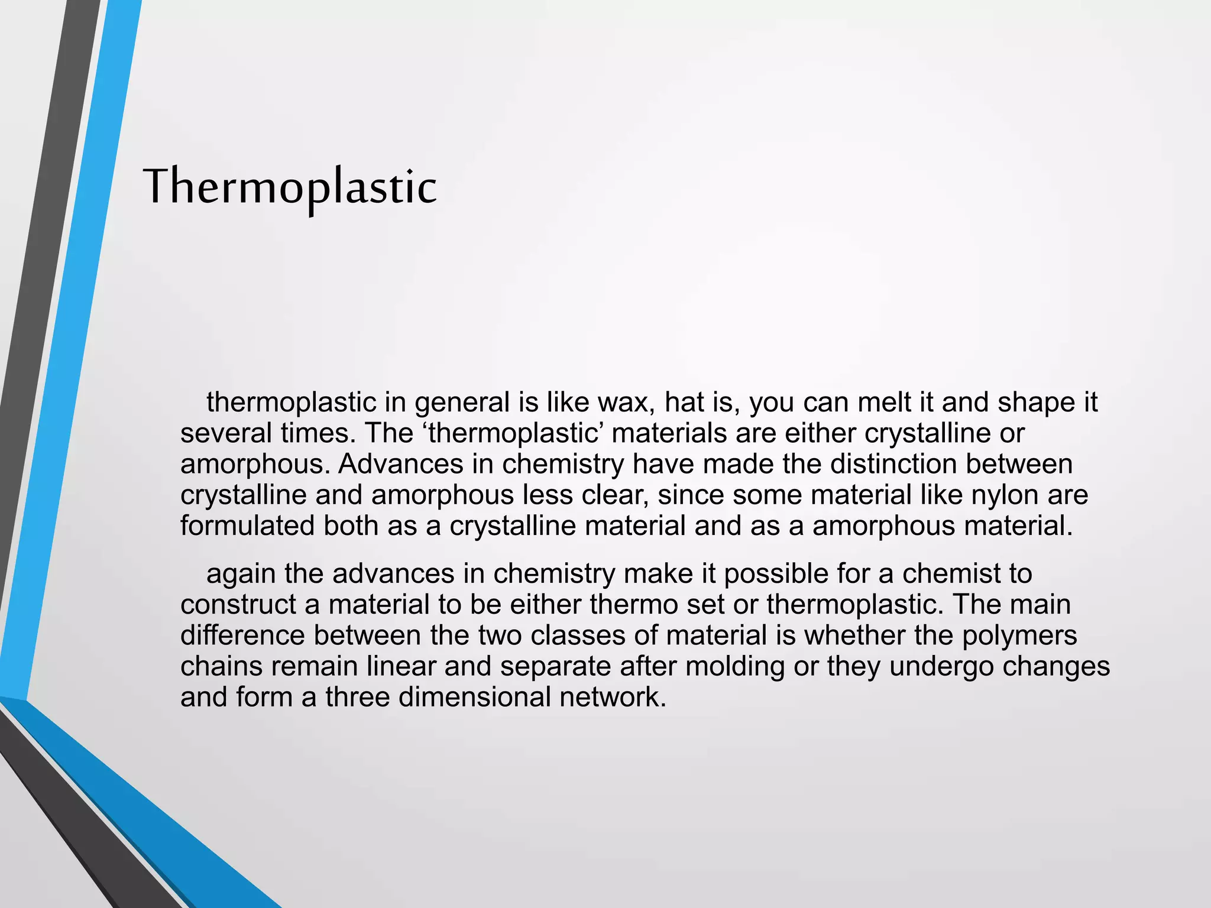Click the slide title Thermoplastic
pos(290,187)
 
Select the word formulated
pos(247,526)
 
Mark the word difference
pos(242,635)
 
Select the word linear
pos(401,666)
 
